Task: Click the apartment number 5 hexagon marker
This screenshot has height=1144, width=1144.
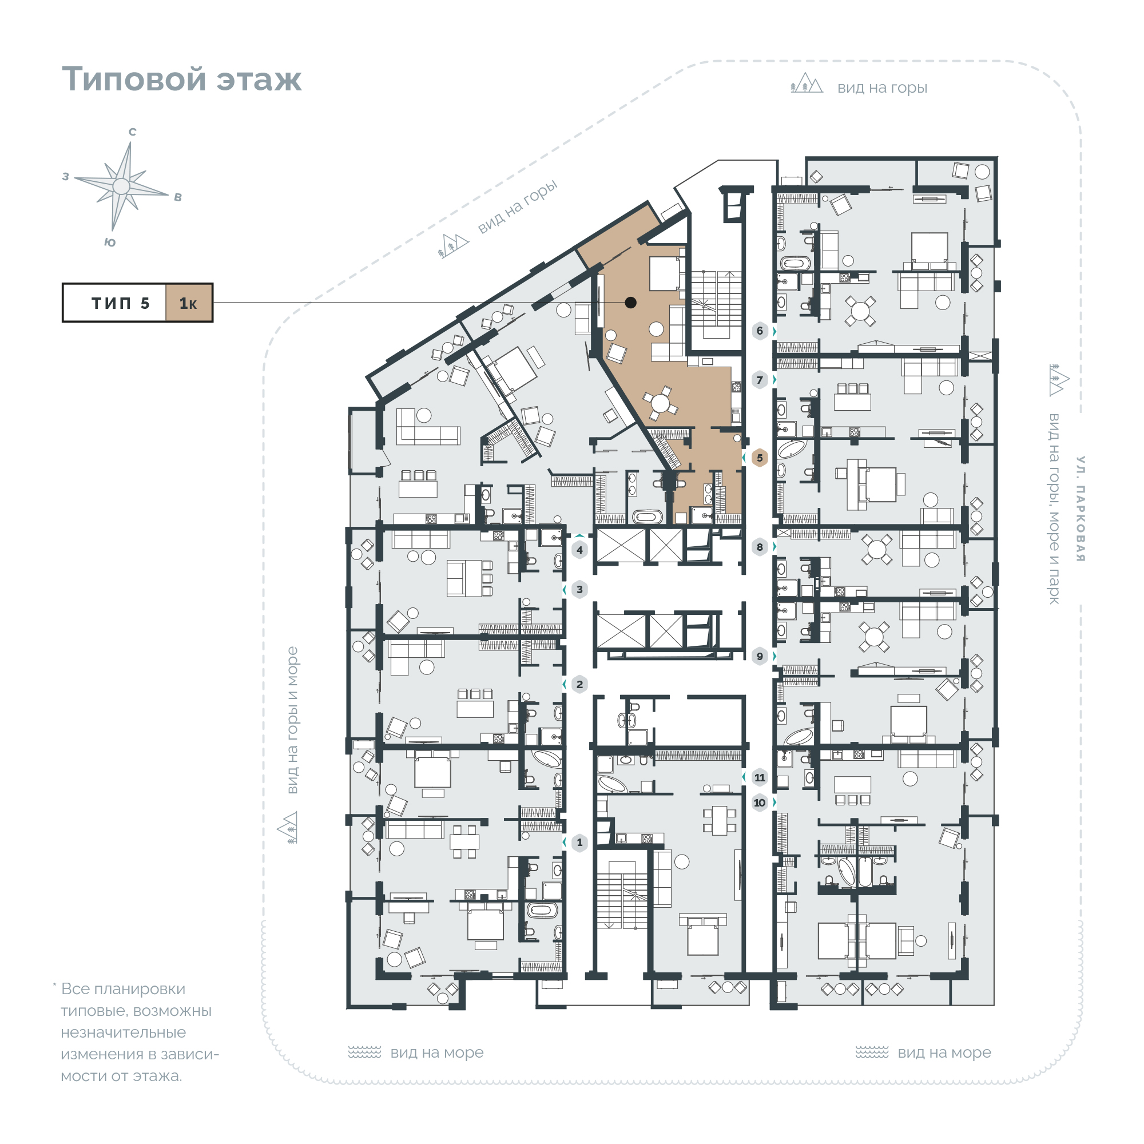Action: point(759,458)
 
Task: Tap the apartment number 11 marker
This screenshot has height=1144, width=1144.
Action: point(759,777)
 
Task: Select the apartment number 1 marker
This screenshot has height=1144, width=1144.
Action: point(579,842)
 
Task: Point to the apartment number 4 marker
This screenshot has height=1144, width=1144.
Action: point(579,550)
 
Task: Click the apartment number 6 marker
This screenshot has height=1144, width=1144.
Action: point(759,331)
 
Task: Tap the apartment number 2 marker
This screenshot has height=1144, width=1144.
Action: point(579,684)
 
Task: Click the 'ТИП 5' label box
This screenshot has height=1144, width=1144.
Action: point(114,303)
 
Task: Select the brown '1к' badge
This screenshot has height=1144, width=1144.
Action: point(188,303)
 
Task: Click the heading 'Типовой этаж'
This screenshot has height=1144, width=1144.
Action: point(182,79)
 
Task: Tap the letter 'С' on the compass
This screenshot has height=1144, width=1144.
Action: point(133,132)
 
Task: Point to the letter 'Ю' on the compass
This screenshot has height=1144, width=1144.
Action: point(110,242)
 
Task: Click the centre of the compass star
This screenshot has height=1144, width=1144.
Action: point(121,186)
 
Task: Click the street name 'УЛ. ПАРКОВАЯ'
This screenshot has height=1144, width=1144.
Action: point(1081,509)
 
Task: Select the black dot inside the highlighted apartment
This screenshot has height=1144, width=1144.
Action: point(630,303)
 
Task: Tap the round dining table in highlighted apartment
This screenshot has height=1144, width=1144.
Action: point(660,404)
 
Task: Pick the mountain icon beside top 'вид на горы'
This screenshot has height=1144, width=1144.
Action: point(807,84)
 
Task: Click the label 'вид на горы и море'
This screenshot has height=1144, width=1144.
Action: point(292,720)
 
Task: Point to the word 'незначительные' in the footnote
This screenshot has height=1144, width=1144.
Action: point(123,1032)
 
